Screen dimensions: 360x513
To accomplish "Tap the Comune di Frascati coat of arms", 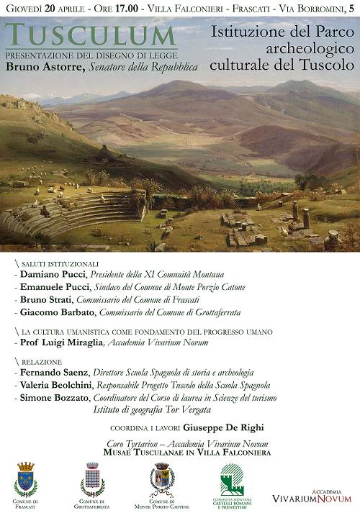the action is [x=26, y=478].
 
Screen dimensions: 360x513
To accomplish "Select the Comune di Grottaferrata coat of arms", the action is [x=92, y=478].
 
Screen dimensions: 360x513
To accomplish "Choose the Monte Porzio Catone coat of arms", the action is [x=161, y=479].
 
